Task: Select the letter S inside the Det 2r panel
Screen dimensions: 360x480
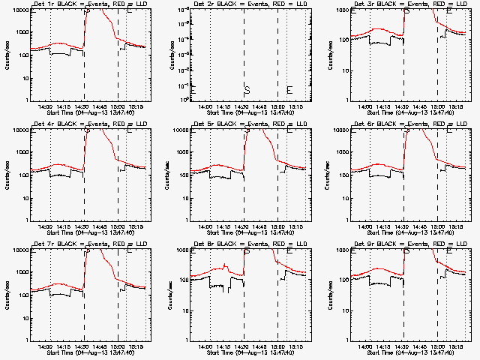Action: (247, 90)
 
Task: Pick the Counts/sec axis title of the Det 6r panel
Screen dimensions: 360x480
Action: (328, 175)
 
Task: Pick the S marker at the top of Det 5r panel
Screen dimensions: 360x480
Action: (247, 131)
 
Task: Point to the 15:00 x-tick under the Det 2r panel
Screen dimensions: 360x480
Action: (277, 106)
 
